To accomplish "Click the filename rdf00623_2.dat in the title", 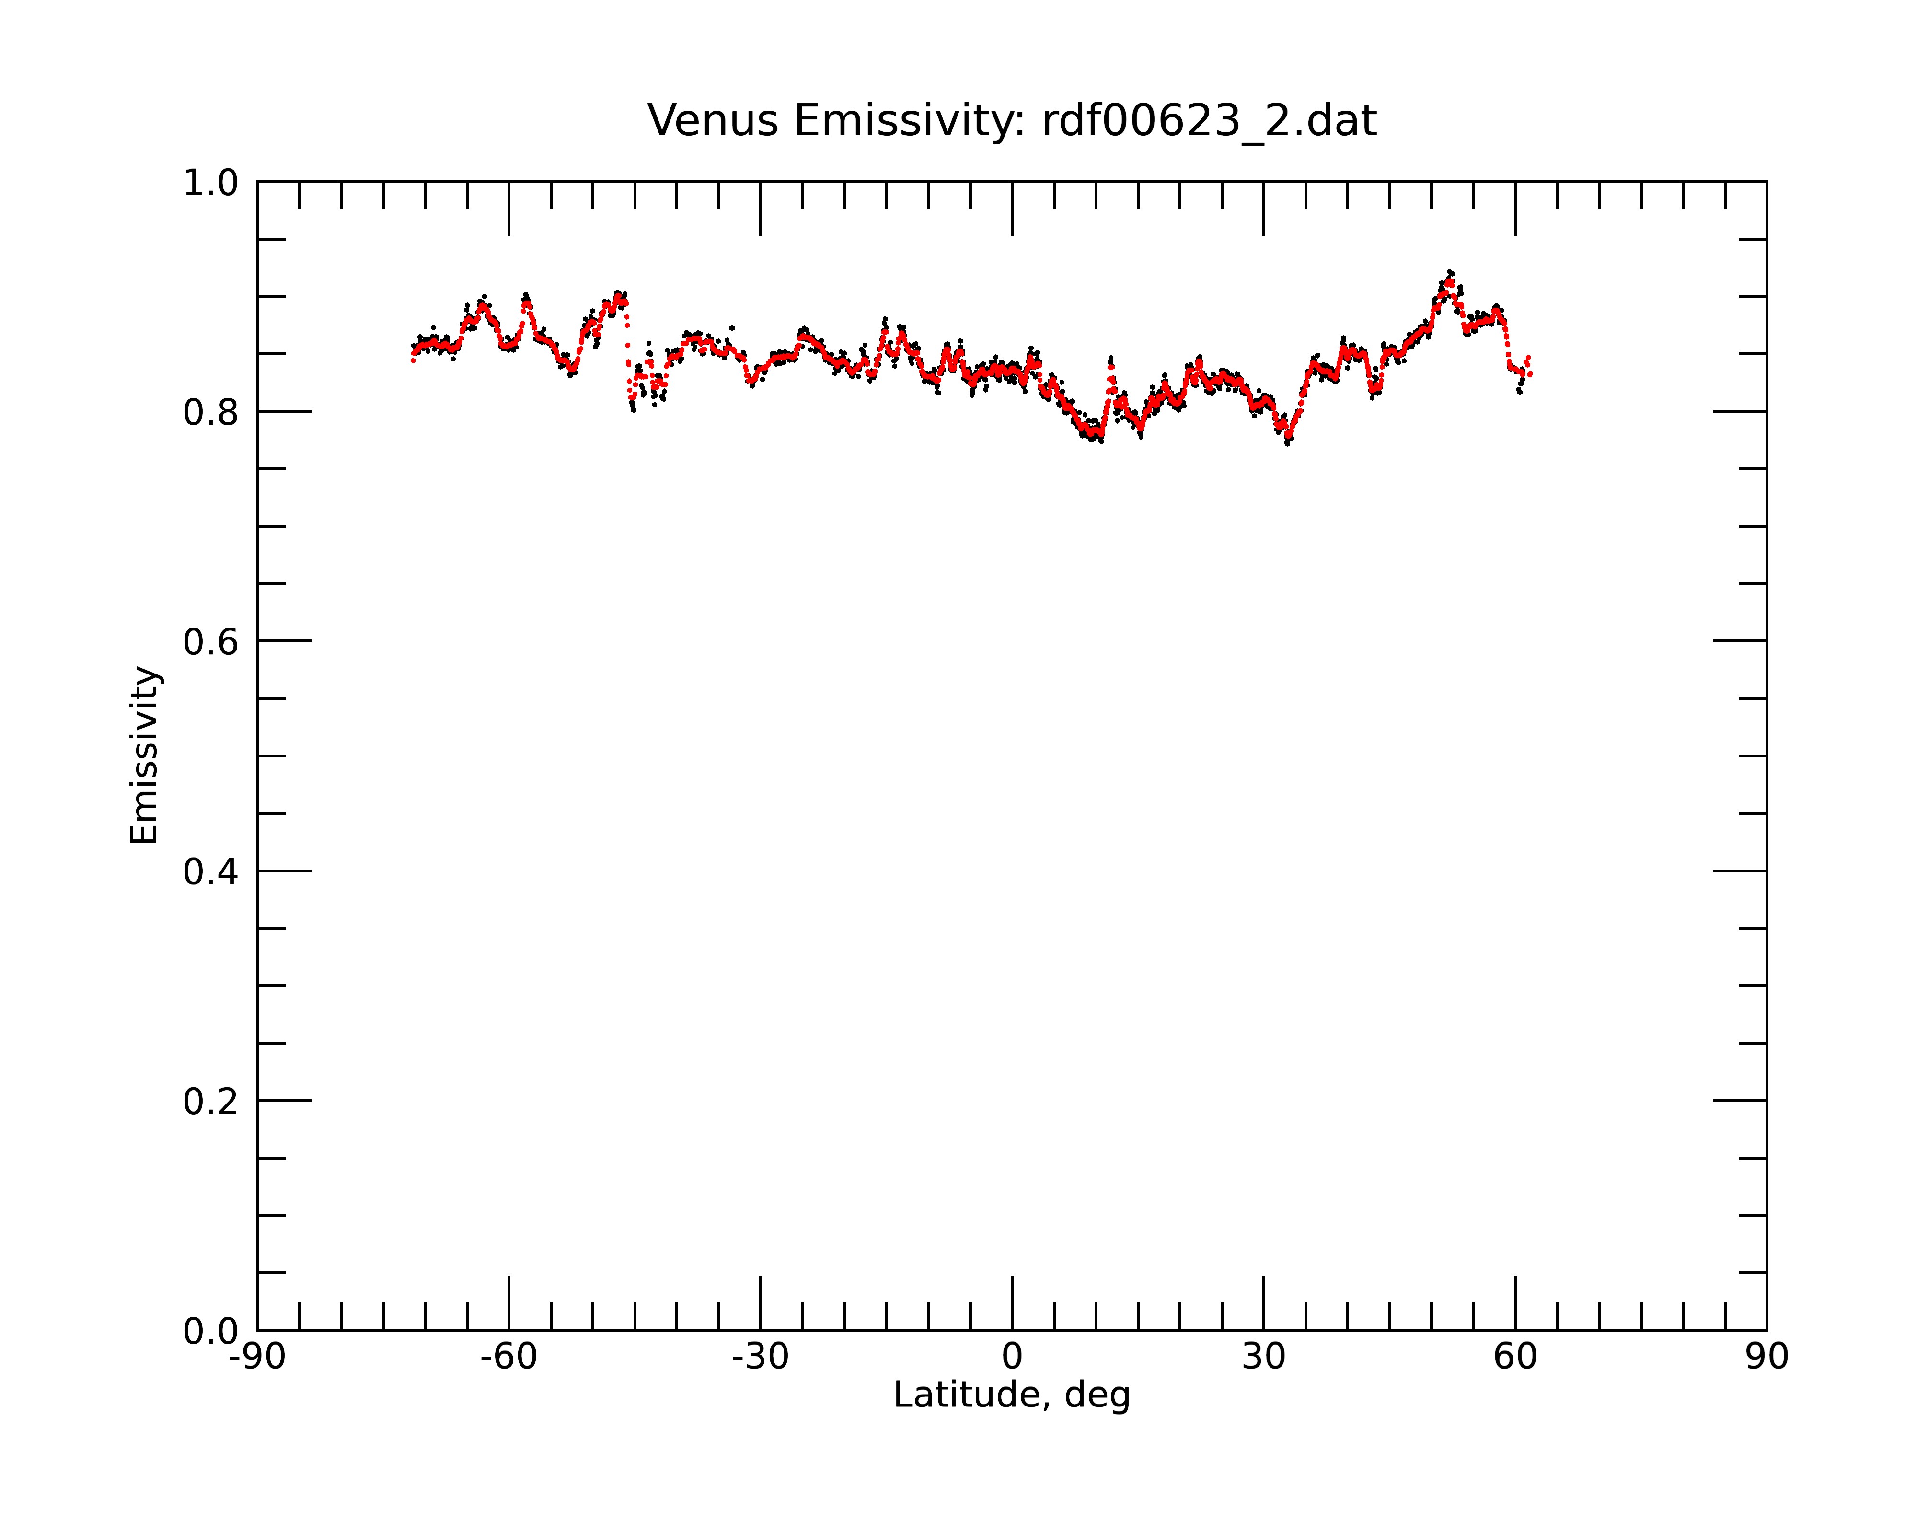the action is click(1209, 121).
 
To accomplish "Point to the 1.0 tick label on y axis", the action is click(211, 183).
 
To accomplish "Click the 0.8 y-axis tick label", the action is click(211, 413).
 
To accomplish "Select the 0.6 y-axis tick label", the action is click(211, 642).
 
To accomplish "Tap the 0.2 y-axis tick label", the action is click(211, 1102).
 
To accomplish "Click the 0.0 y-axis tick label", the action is click(211, 1331).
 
